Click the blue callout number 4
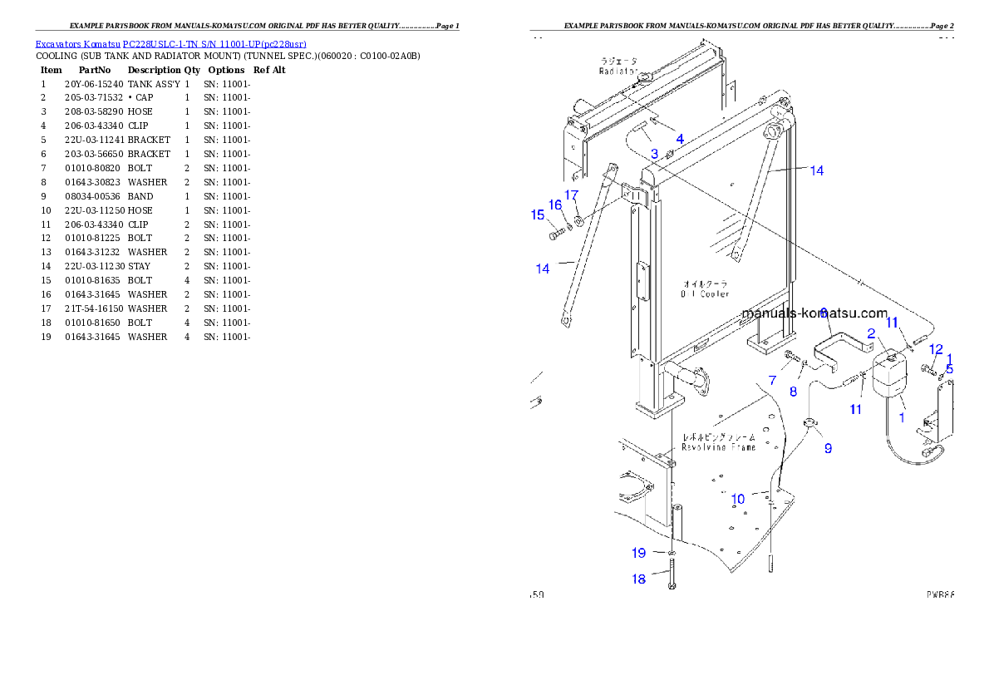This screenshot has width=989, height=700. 680,139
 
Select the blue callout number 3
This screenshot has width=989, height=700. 654,154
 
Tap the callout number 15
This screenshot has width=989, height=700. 538,215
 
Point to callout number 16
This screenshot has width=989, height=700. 555,205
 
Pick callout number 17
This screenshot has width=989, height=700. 571,195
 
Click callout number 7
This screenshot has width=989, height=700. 772,380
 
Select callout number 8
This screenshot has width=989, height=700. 793,392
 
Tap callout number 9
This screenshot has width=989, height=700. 828,448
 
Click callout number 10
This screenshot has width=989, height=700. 738,500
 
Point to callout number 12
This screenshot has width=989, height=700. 936,349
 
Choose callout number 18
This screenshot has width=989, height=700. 638,579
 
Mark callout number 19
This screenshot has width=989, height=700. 638,553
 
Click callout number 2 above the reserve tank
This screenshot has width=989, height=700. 871,333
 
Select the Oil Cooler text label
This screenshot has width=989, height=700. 705,293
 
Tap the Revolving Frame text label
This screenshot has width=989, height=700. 719,447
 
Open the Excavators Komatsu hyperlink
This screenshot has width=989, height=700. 170,44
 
